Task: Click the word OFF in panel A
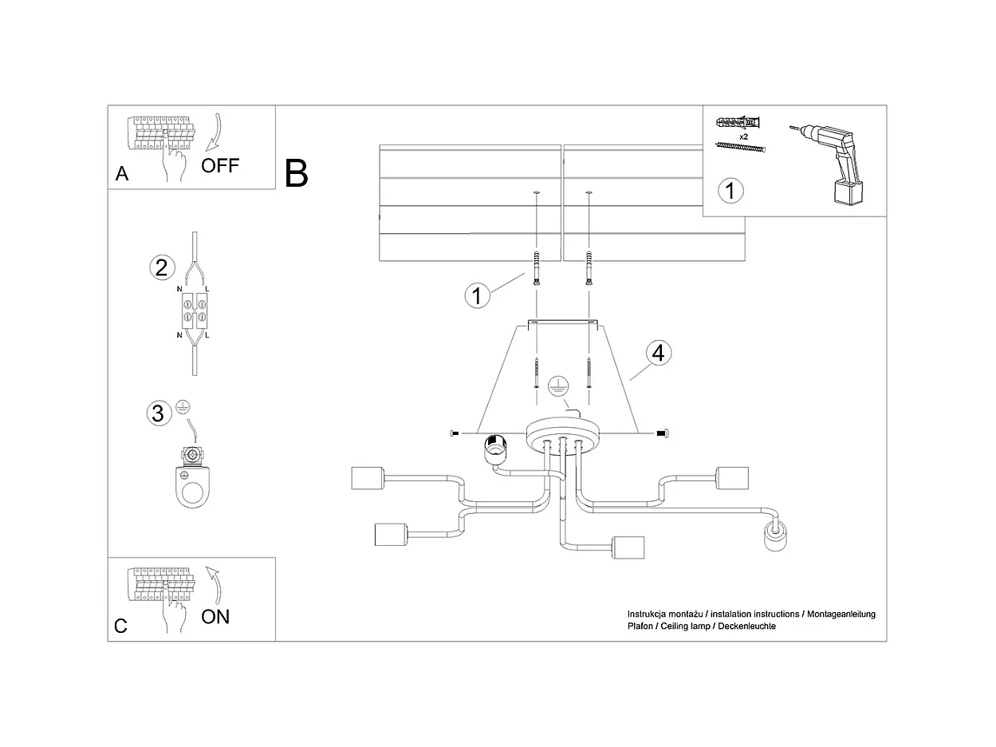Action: click(220, 166)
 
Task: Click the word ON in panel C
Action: click(215, 617)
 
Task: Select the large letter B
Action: click(296, 173)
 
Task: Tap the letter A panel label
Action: click(122, 174)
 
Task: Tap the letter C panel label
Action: click(120, 626)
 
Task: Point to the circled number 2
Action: click(161, 267)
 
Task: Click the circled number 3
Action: click(158, 413)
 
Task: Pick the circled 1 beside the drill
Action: click(730, 191)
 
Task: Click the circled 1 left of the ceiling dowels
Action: click(477, 296)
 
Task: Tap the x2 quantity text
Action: click(743, 137)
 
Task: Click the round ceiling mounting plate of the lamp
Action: click(562, 435)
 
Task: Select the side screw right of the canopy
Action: click(661, 433)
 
